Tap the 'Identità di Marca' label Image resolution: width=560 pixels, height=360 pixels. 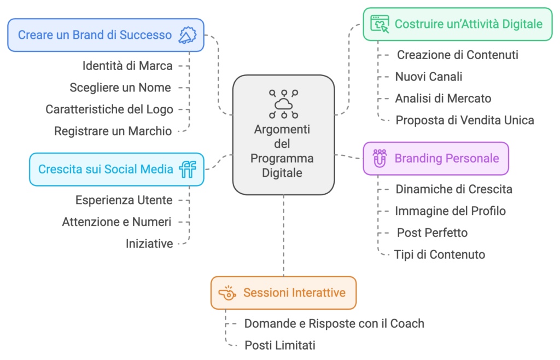coord(127,66)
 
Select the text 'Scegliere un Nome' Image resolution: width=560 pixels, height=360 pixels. coord(120,88)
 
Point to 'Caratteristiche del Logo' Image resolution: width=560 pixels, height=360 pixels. coord(109,109)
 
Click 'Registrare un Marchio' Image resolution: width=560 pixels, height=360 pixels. coord(113,131)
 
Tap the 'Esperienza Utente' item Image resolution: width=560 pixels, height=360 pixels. coord(124,200)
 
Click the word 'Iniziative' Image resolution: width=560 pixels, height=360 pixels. coord(149,244)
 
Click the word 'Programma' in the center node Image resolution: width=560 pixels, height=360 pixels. coord(282,158)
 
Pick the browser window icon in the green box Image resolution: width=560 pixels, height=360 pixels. coord(380,24)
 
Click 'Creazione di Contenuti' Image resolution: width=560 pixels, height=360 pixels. coord(458,55)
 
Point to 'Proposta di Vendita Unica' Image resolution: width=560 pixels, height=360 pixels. coord(465,120)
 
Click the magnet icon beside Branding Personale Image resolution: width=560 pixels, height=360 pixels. coord(380,159)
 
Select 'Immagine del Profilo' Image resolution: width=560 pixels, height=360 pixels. coord(451,211)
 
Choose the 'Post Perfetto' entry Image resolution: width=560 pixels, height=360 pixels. coord(433,233)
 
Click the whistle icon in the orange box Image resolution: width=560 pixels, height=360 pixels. coord(227,293)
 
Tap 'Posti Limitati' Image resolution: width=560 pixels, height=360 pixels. coord(280,345)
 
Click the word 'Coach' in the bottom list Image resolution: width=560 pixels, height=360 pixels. coord(407,323)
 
